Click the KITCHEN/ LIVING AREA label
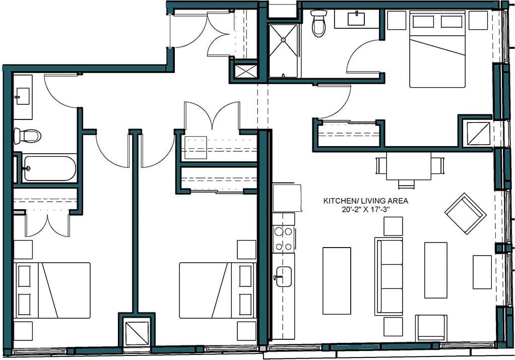pyautogui.click(x=365, y=201)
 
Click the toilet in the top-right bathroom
pyautogui.click(x=319, y=24)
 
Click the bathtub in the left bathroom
pyautogui.click(x=49, y=168)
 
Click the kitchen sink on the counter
pyautogui.click(x=284, y=276)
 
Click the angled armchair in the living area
pyautogui.click(x=465, y=213)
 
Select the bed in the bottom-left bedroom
pyautogui.click(x=52, y=290)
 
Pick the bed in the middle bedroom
pyautogui.click(x=217, y=290)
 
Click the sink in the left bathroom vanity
pyautogui.click(x=23, y=96)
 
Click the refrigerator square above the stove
pyautogui.click(x=287, y=198)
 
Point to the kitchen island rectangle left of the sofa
pyautogui.click(x=337, y=280)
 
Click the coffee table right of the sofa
pyautogui.click(x=435, y=270)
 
